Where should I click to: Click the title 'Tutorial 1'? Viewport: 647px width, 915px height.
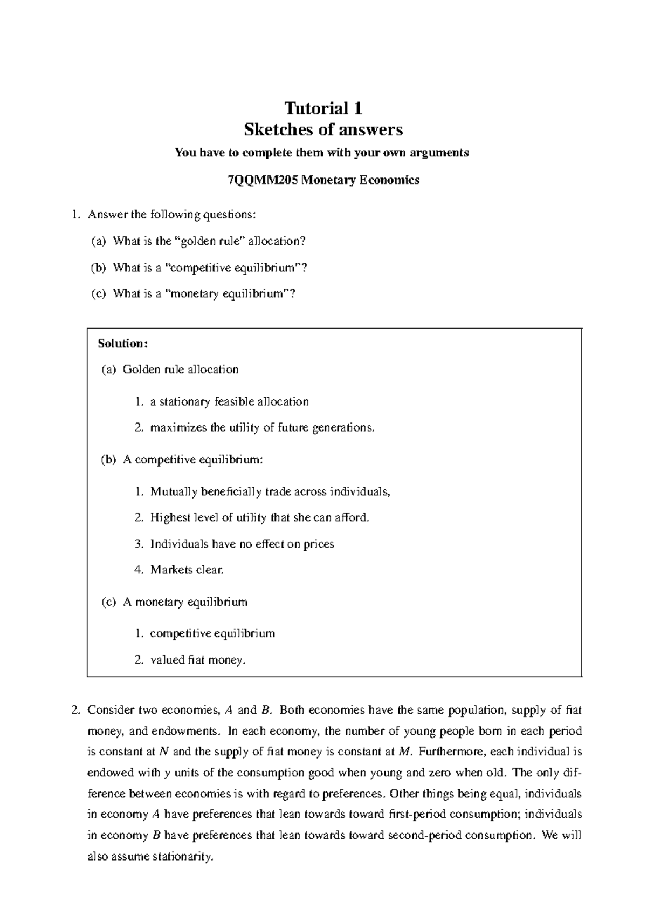[x=323, y=108]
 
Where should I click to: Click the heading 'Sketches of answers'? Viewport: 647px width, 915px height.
[x=323, y=130]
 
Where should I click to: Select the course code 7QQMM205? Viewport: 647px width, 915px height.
[x=263, y=180]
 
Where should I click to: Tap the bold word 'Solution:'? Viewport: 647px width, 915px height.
[x=122, y=344]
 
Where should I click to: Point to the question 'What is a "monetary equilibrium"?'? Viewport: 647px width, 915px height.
[x=204, y=294]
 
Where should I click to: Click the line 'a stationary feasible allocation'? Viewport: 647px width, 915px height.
[x=229, y=402]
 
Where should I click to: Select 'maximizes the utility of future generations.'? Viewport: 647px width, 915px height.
[x=262, y=428]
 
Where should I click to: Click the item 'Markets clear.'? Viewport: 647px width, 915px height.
[x=187, y=570]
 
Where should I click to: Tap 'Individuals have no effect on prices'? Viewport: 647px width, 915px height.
[x=242, y=544]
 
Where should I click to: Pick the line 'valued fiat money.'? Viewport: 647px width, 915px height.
[x=197, y=660]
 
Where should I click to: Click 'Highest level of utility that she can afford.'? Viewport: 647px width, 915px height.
[x=260, y=518]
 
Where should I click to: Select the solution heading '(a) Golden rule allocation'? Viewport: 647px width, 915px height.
[x=170, y=370]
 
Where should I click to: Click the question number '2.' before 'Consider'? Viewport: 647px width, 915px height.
[x=75, y=711]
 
